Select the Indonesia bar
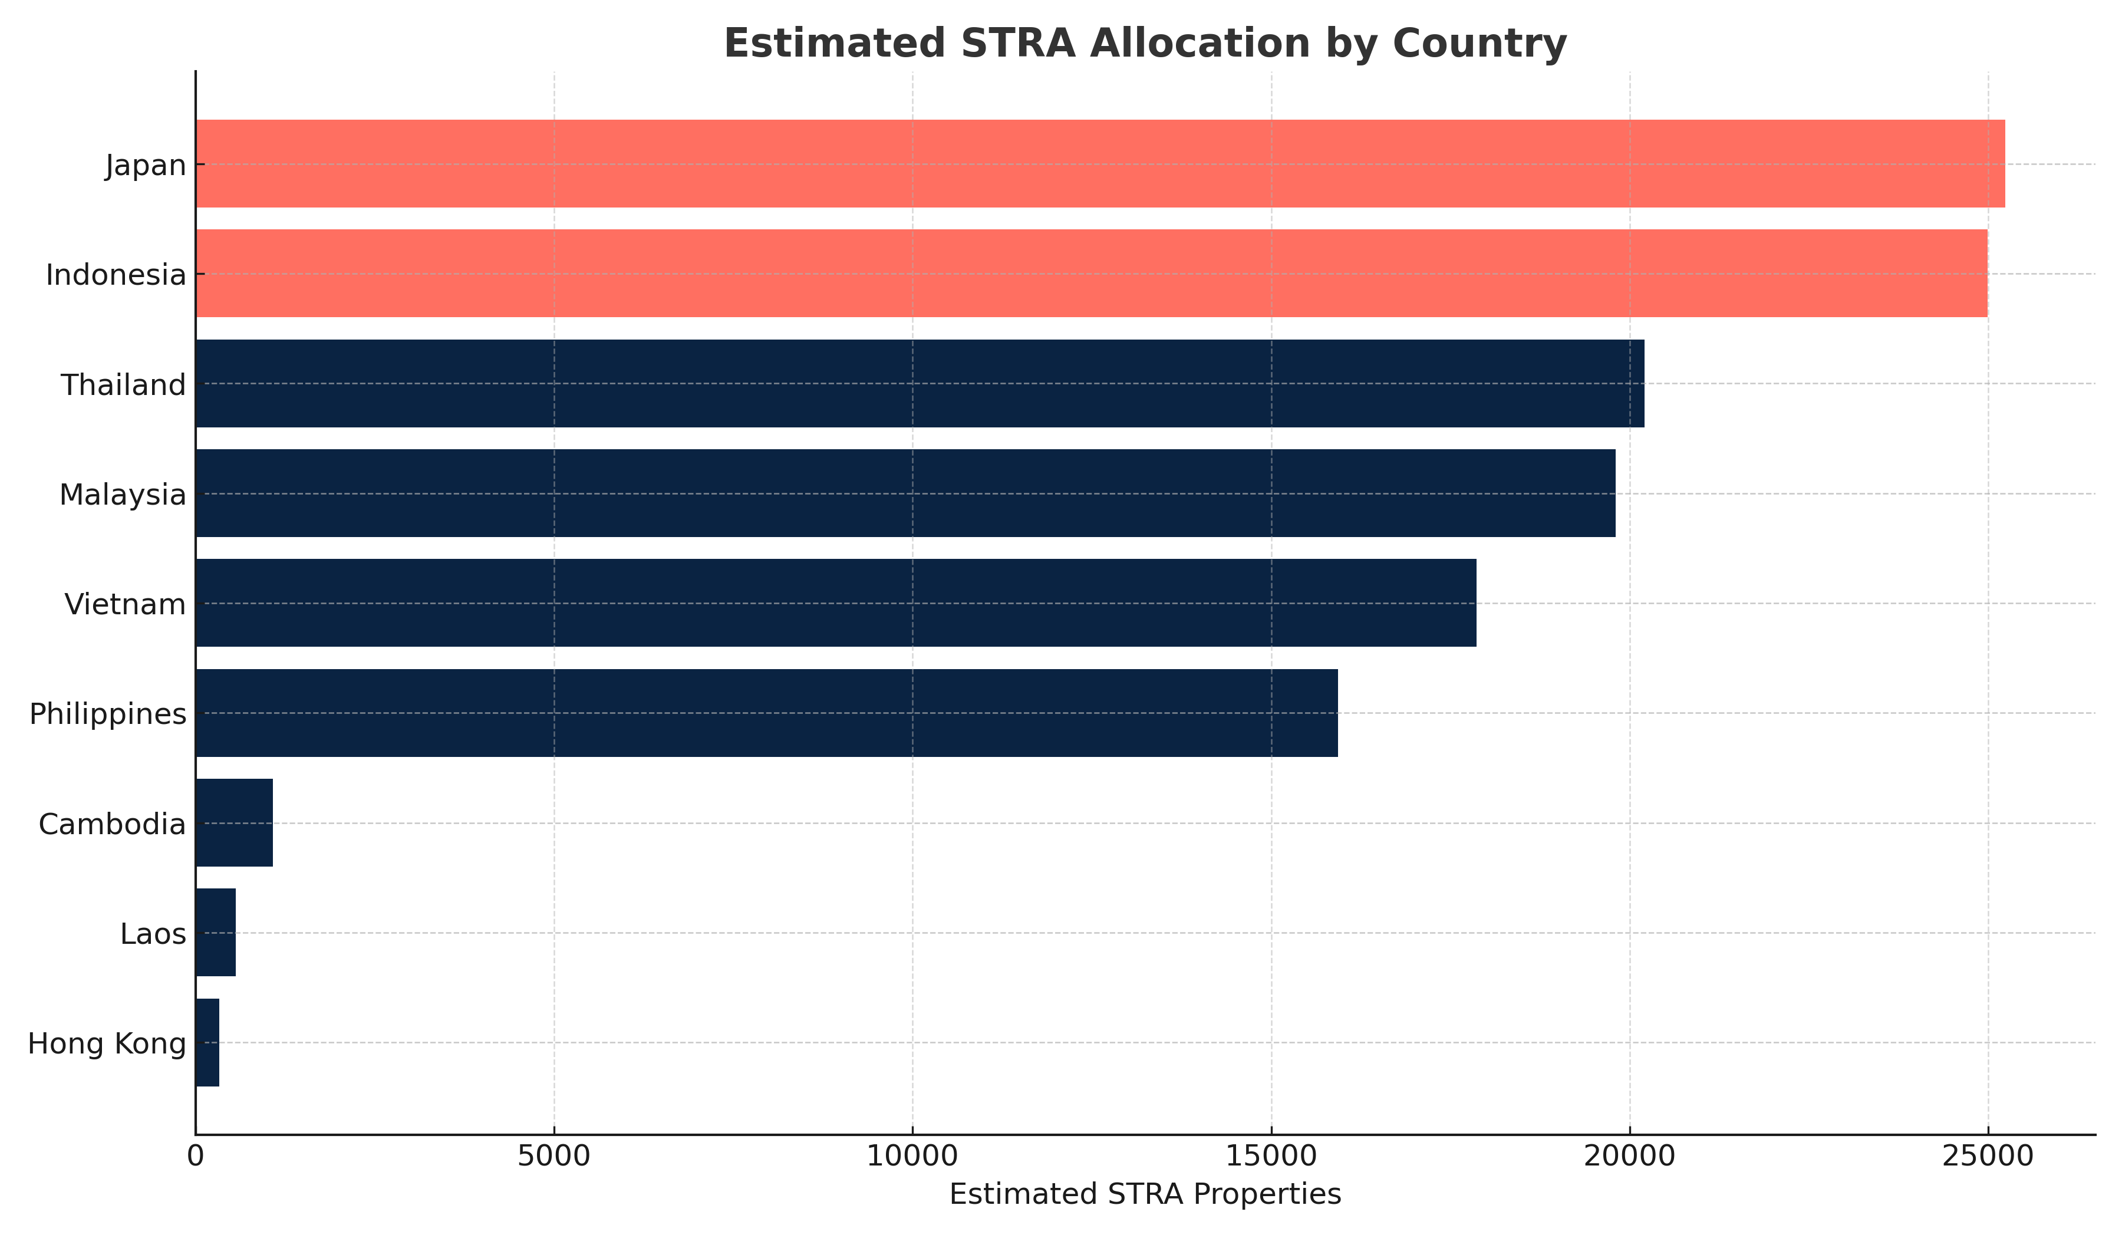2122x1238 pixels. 1091,274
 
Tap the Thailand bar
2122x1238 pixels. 920,383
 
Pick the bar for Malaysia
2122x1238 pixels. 905,493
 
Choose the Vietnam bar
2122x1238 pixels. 835,603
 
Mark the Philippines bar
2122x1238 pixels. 766,713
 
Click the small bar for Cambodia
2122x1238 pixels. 234,823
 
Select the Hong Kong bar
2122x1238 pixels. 207,1043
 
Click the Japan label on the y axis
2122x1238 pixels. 146,166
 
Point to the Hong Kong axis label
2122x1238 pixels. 107,1044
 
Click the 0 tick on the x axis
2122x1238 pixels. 195,1156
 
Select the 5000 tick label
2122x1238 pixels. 554,1156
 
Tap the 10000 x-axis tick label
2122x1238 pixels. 912,1156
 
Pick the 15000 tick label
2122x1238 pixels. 1271,1156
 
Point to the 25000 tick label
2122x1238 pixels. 1987,1156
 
